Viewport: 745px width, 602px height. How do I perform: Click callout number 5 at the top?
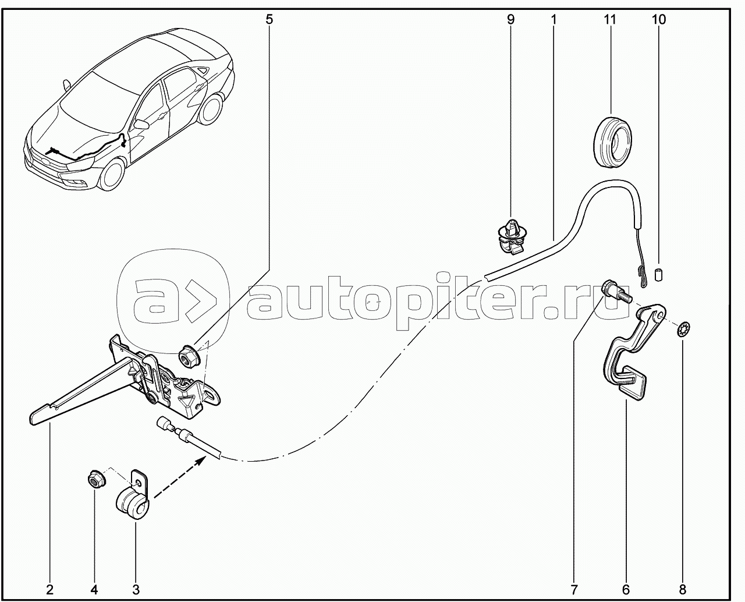pyautogui.click(x=268, y=19)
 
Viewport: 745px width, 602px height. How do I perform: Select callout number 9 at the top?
pyautogui.click(x=510, y=19)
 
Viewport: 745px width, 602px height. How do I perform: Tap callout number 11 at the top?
pyautogui.click(x=609, y=19)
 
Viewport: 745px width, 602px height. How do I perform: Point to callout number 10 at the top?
pyautogui.click(x=659, y=19)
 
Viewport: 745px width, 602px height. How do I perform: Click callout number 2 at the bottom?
pyautogui.click(x=50, y=589)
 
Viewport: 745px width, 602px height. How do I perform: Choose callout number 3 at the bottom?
pyautogui.click(x=136, y=589)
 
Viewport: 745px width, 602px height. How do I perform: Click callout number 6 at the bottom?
pyautogui.click(x=626, y=589)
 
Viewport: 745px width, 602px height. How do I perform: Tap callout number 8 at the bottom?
pyautogui.click(x=683, y=589)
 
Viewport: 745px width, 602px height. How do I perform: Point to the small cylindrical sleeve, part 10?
pyautogui.click(x=659, y=274)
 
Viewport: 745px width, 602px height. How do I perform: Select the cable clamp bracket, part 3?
pyautogui.click(x=135, y=498)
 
